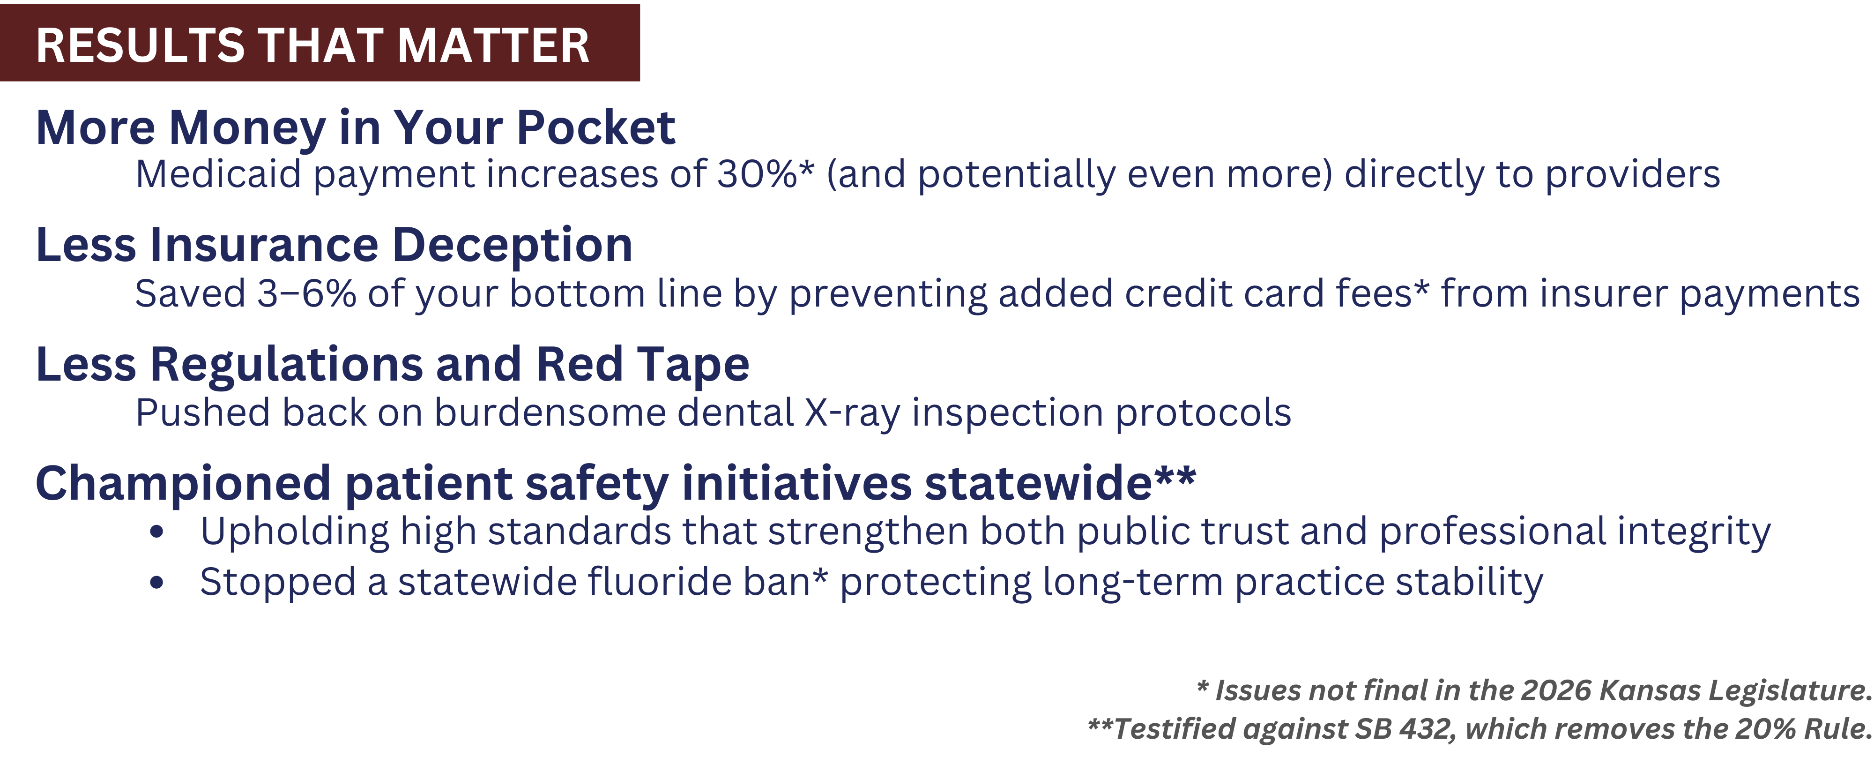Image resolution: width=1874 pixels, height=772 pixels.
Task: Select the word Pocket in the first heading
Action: click(596, 127)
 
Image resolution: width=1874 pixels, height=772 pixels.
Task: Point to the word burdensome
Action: click(550, 412)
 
